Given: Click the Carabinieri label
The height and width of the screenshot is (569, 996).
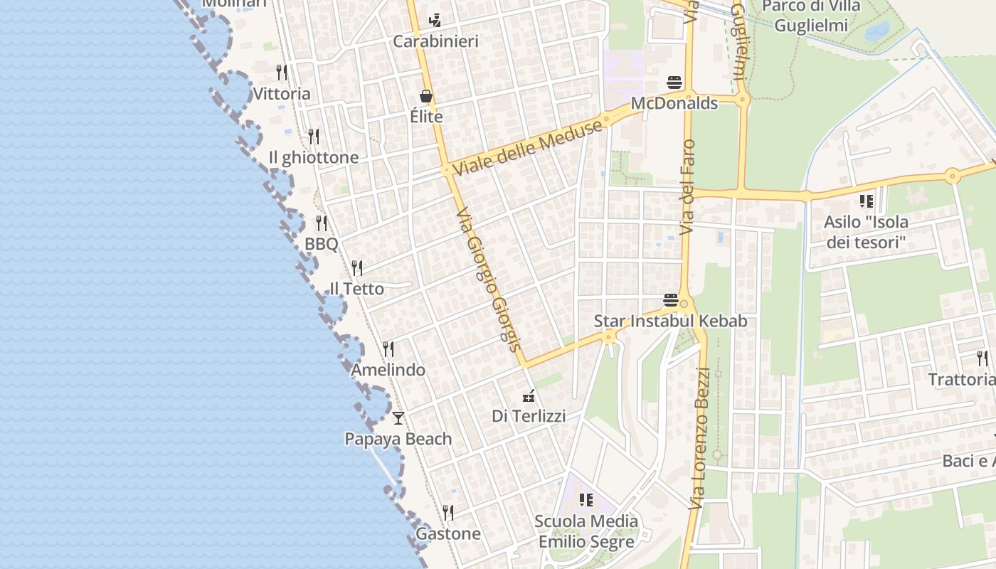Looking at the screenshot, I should tap(435, 41).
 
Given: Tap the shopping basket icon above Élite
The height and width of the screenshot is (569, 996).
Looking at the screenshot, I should tap(426, 96).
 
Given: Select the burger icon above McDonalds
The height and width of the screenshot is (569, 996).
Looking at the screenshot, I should tap(674, 83).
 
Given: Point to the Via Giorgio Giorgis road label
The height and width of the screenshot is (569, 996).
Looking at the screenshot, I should tap(490, 280).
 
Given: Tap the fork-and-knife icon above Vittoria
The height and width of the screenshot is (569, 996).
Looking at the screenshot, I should tap(282, 73).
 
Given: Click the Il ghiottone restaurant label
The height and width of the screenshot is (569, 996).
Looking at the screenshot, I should tap(314, 157).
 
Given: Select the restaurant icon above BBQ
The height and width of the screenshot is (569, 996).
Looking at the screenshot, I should tap(322, 223).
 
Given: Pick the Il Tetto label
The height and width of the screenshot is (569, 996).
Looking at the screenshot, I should tap(356, 289).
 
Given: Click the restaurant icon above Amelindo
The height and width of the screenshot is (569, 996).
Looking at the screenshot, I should tap(388, 349).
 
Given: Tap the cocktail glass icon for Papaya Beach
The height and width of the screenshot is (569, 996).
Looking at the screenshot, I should tap(398, 418).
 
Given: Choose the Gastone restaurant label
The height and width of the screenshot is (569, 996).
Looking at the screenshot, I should tap(448, 533).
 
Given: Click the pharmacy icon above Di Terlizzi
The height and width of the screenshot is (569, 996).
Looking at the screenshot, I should tap(529, 395).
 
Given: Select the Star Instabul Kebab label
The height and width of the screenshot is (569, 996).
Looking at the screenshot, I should tap(670, 321).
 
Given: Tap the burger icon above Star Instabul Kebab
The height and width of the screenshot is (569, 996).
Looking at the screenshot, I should tap(670, 300).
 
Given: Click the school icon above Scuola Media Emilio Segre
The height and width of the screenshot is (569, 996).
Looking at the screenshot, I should tap(586, 500).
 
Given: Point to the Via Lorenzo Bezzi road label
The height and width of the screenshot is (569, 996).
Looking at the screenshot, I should tap(700, 438).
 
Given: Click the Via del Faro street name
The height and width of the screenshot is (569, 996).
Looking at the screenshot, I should tap(688, 187).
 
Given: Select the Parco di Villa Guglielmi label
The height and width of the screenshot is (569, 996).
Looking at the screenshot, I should tap(811, 16).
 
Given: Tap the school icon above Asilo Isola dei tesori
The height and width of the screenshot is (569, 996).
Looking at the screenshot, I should tap(866, 201).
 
